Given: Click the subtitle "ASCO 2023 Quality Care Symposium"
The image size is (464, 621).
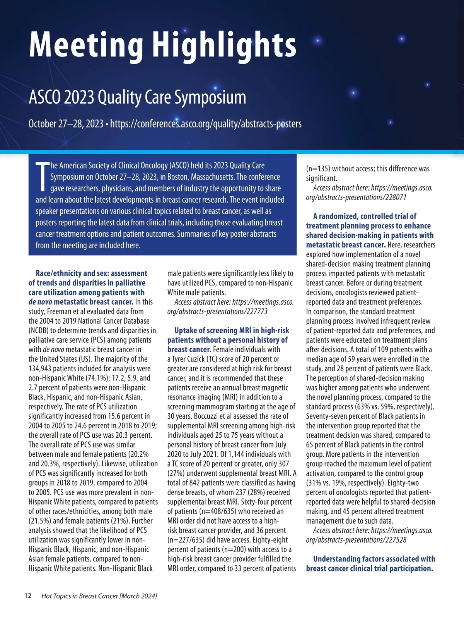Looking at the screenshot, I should tap(137, 97).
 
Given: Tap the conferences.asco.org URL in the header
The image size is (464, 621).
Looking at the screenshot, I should tap(206, 124).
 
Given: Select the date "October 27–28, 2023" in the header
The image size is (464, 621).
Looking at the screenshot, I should tap(66, 124).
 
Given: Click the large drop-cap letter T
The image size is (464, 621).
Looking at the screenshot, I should tap(42, 177).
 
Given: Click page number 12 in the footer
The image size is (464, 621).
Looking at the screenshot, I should tap(28, 595).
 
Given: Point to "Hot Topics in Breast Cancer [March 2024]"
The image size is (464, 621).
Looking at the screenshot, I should tap(99, 596).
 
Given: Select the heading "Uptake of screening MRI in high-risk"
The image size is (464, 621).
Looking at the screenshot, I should tap(232, 331).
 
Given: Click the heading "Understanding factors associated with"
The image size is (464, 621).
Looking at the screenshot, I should tap(374, 559).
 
